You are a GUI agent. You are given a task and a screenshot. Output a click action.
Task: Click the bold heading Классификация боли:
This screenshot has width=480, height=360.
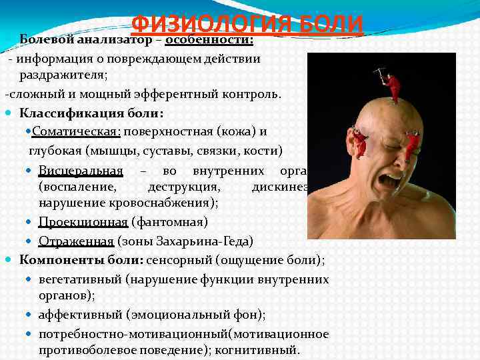click(91, 112)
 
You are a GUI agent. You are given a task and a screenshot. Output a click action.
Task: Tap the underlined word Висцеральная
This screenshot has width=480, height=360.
click(81, 169)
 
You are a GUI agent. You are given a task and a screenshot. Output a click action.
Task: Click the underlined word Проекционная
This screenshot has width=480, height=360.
click(83, 221)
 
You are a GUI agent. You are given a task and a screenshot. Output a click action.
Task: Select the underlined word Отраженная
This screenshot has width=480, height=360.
click(77, 241)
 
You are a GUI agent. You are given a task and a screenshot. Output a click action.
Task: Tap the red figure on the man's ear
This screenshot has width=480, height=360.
click(361, 141)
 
